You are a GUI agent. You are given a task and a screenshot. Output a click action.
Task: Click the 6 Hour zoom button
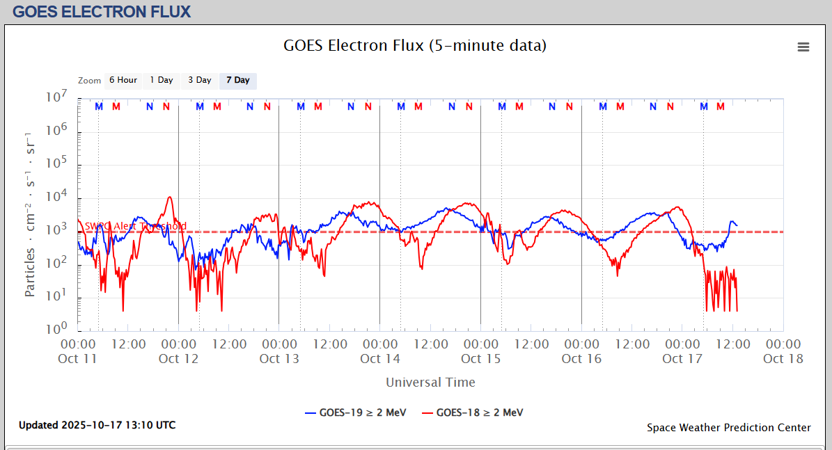pos(123,81)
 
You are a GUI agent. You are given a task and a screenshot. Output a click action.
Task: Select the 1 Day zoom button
pos(162,81)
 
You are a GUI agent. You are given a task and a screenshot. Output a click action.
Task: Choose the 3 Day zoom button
pos(199,81)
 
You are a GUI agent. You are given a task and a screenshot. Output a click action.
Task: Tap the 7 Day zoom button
pos(238,81)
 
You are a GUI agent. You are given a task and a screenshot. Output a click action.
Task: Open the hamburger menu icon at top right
pos(803,47)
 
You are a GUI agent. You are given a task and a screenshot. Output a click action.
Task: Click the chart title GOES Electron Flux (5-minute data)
pos(415,46)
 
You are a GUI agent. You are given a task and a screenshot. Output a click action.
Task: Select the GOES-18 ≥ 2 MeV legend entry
pos(473,412)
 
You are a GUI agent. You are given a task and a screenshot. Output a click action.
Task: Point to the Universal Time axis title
pos(430,382)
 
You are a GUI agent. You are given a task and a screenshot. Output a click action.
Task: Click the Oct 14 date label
pos(380,359)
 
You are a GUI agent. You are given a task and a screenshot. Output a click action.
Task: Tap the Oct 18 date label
pos(783,359)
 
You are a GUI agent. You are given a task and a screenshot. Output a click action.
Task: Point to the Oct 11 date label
pos(78,359)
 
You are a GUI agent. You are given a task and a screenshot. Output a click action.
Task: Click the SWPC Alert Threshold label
pos(136,226)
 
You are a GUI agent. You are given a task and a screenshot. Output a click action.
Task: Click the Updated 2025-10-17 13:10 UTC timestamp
pos(97,425)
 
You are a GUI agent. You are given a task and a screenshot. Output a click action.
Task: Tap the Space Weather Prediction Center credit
pos(728,428)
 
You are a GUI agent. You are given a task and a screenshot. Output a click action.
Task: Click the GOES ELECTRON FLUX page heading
pos(102,12)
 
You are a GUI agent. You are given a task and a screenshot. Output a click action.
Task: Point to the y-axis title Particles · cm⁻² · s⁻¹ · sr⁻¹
pos(30,214)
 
